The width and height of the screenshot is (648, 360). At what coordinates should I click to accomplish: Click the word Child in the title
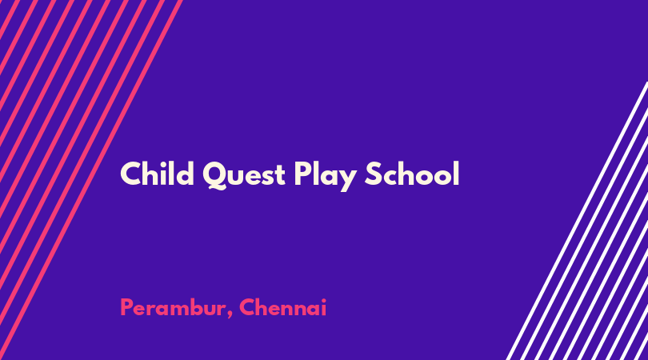click(x=157, y=173)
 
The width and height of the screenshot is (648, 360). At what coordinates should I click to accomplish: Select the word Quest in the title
click(x=244, y=175)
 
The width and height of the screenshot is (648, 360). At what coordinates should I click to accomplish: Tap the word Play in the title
click(x=326, y=176)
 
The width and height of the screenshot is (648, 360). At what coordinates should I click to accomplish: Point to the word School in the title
click(x=412, y=173)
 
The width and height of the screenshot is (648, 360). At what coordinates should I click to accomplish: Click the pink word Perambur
click(x=173, y=307)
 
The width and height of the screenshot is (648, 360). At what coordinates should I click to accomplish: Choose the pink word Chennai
click(x=282, y=307)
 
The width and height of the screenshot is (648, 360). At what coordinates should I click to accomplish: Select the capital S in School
click(x=373, y=174)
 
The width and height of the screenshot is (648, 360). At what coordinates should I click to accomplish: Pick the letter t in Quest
click(x=280, y=176)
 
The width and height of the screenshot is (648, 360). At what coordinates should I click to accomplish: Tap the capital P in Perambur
click(x=126, y=307)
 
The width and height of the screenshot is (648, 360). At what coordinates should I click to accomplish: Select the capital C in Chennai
click(x=247, y=307)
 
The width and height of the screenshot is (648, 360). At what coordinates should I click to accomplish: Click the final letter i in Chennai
click(x=324, y=307)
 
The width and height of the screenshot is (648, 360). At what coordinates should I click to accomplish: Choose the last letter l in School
click(x=457, y=173)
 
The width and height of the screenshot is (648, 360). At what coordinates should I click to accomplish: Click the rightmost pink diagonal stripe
click(x=90, y=180)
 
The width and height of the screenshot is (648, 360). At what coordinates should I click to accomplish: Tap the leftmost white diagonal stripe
click(x=578, y=221)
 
